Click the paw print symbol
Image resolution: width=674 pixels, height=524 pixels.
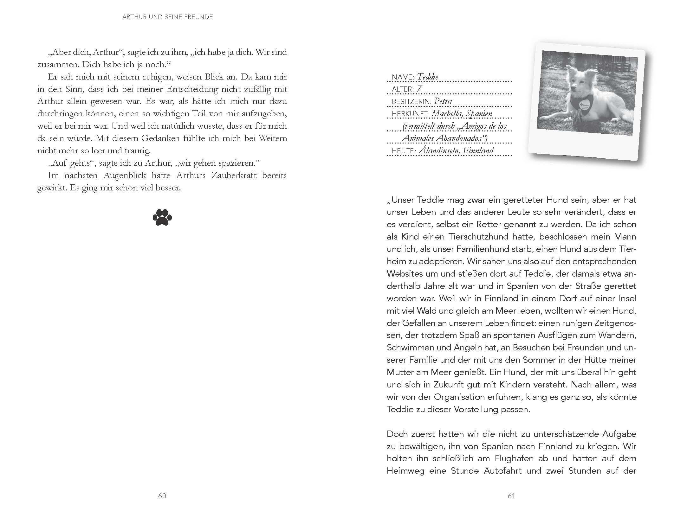tap(162, 217)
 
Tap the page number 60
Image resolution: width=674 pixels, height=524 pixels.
tap(162, 496)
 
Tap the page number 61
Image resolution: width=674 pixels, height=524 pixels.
tap(511, 496)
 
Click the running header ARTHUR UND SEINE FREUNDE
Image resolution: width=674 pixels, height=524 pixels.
tap(167, 17)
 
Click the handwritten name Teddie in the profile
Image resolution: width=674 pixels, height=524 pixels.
tap(428, 77)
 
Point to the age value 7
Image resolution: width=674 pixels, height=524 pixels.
tap(419, 89)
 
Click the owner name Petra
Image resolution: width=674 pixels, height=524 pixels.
tap(443, 101)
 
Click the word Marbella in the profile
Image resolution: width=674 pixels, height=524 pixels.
tap(447, 114)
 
